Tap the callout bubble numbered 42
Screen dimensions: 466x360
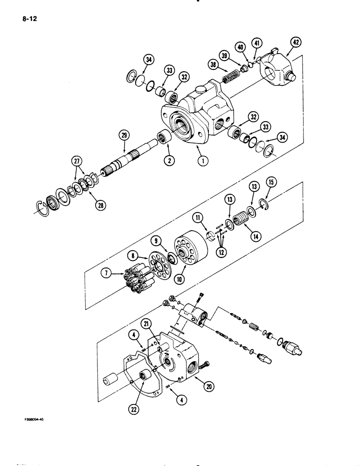[x=295, y=42]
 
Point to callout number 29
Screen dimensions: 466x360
[x=124, y=135]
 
